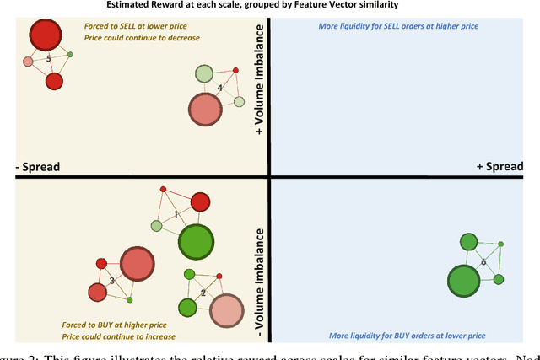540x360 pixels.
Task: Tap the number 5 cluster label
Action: [48, 58]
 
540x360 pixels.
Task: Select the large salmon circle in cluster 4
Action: [204, 109]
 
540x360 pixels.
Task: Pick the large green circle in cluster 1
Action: [195, 242]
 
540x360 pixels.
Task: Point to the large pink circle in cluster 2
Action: [224, 310]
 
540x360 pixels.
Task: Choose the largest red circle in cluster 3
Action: [135, 263]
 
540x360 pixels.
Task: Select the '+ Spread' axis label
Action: [504, 166]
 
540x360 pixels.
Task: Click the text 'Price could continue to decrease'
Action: [142, 38]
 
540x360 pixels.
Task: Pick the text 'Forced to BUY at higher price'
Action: [112, 324]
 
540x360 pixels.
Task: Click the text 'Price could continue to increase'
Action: [117, 336]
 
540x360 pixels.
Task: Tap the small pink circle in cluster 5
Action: [28, 62]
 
